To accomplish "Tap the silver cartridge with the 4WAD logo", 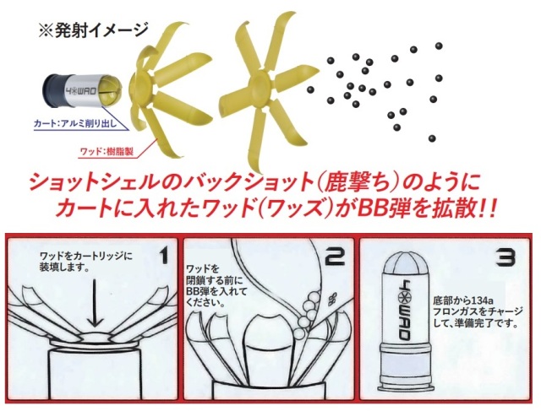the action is tap(83, 89).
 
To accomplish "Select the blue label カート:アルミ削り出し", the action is tap(75, 123).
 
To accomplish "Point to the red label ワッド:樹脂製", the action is tap(107, 151).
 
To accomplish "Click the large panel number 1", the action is tap(163, 257).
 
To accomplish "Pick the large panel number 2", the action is tap(335, 257).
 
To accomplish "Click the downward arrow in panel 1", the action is tap(96, 304).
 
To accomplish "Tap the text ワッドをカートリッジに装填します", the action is tap(86, 262).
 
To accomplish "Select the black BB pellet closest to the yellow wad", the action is tap(310, 89).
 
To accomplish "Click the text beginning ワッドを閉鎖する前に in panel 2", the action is tap(216, 285).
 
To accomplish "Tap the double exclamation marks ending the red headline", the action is tap(487, 209).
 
